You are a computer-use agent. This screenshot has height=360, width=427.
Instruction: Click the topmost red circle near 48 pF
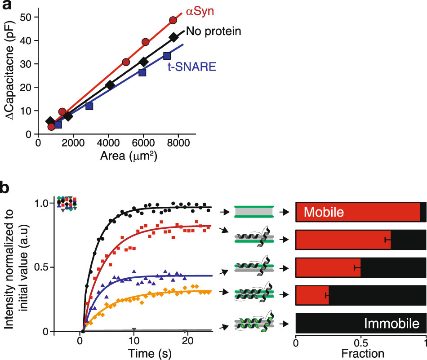coord(173,20)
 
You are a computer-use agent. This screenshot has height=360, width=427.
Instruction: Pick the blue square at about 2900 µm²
coord(89,106)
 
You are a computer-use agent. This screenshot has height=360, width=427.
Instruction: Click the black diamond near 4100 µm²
coord(110,85)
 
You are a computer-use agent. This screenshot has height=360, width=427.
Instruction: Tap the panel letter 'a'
coord(7,8)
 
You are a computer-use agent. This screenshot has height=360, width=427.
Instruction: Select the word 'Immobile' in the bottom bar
coord(391,324)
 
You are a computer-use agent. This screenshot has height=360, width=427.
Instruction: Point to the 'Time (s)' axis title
coord(133,352)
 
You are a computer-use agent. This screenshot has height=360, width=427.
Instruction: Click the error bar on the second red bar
coord(388,240)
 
